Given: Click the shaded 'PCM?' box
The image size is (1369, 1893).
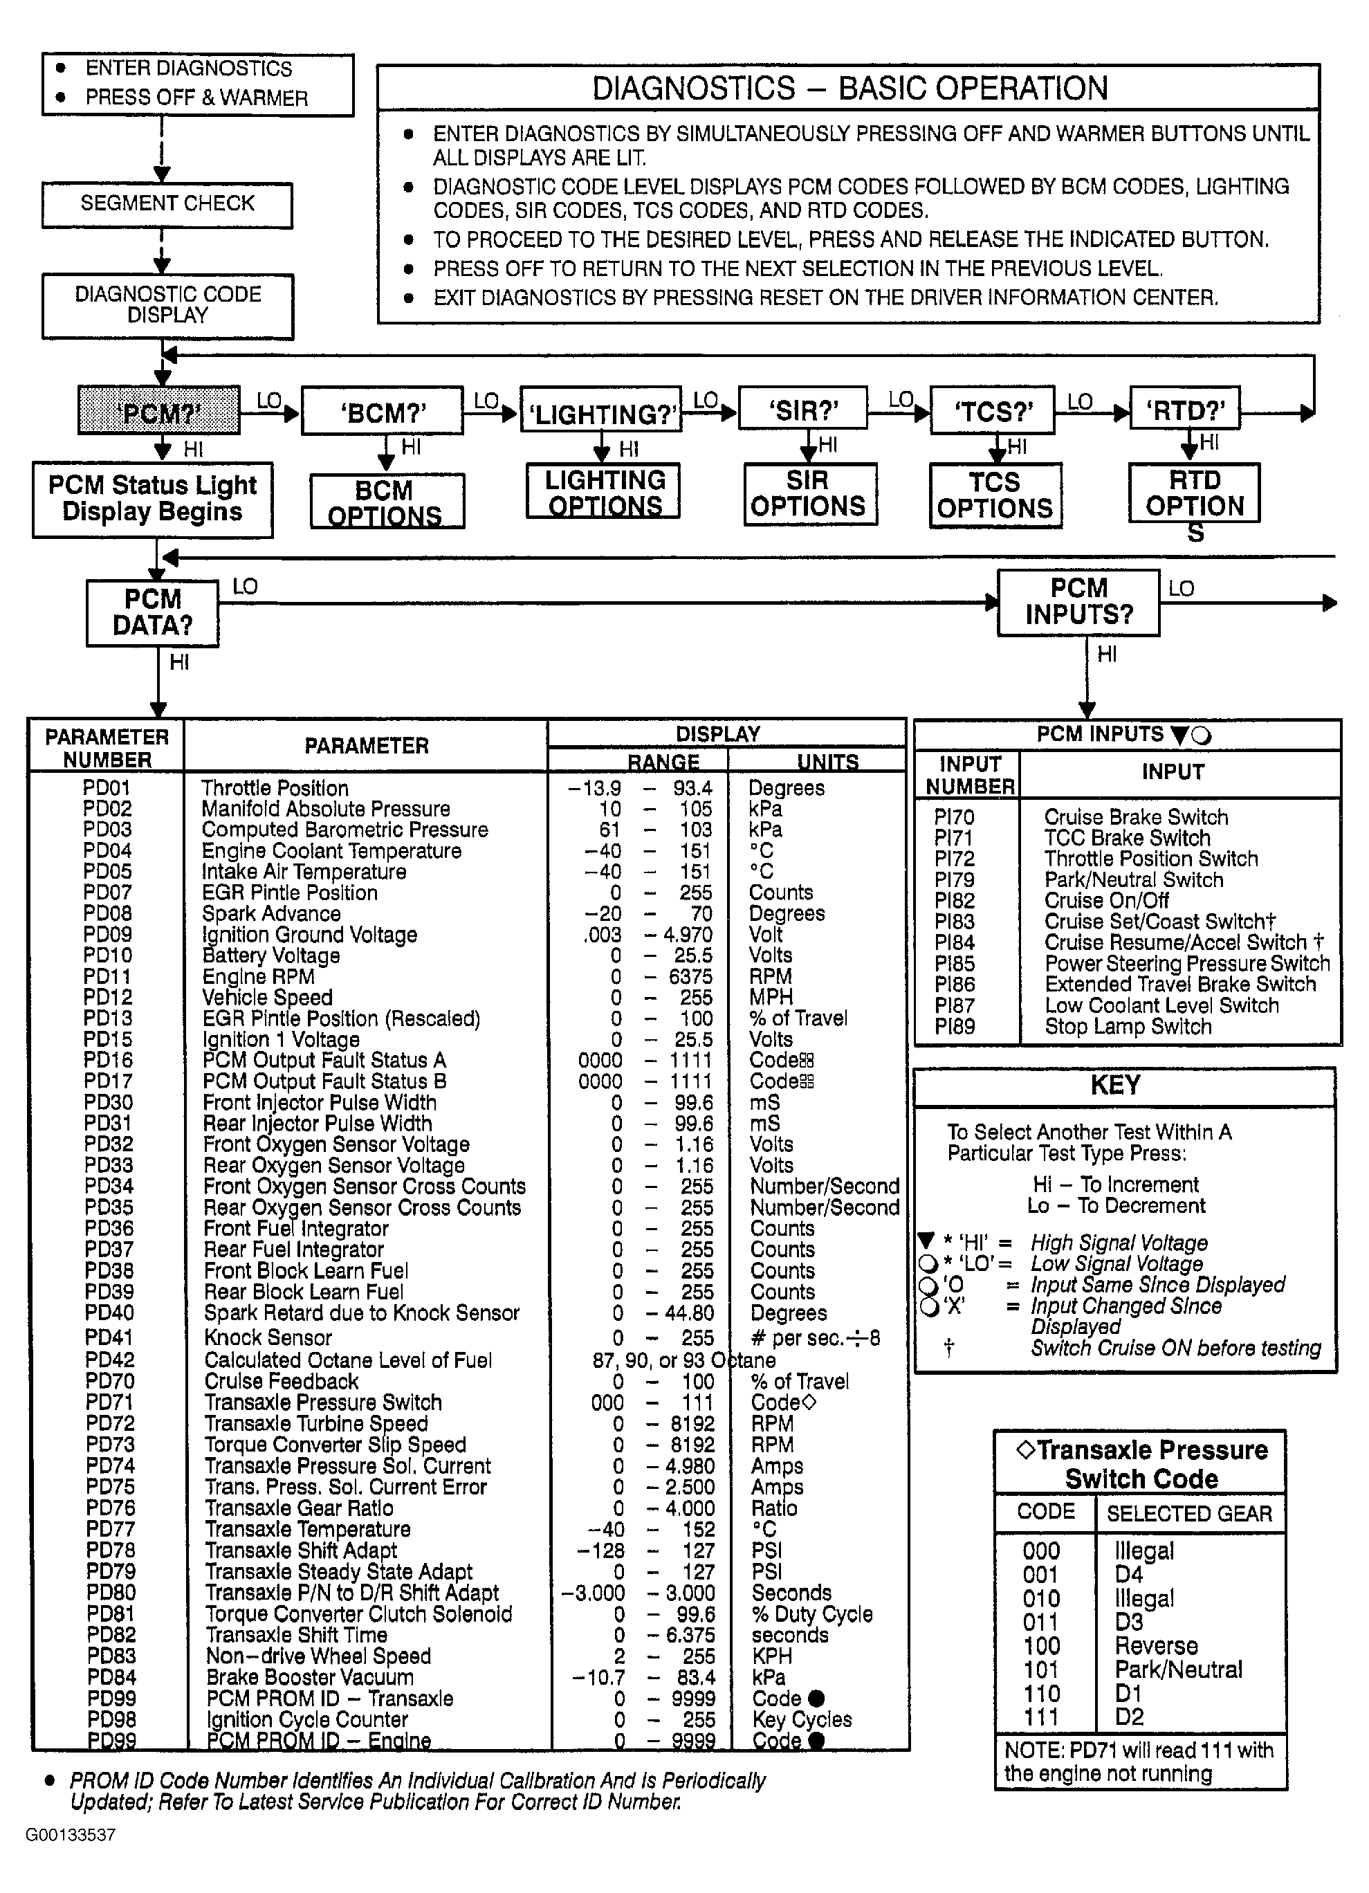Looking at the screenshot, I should click(158, 411).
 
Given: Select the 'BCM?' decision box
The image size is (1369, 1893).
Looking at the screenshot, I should click(383, 412).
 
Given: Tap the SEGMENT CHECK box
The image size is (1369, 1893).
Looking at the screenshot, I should click(167, 205).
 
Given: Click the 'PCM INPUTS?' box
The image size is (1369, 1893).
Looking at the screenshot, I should click(1078, 602).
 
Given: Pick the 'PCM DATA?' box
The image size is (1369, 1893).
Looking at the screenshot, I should click(153, 612).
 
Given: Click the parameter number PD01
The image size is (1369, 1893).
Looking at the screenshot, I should click(107, 788).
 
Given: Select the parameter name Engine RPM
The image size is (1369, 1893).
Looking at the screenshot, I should click(259, 976).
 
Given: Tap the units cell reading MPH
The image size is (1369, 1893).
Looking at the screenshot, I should click(771, 998).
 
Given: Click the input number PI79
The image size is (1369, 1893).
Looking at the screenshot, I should click(954, 879).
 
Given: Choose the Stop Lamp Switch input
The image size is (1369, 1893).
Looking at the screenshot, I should click(1128, 1027).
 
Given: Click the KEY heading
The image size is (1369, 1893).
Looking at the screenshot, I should click(1115, 1086).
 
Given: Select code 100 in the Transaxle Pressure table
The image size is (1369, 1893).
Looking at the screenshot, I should click(1042, 1646).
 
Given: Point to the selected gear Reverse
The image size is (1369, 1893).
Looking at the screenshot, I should click(1156, 1646).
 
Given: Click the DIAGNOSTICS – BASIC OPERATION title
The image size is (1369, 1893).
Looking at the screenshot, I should click(849, 89).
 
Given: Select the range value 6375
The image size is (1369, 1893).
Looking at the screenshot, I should click(691, 976).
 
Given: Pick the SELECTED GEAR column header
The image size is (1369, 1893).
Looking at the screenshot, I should click(1188, 1514).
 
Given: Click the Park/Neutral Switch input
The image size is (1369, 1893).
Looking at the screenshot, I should click(1134, 879).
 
